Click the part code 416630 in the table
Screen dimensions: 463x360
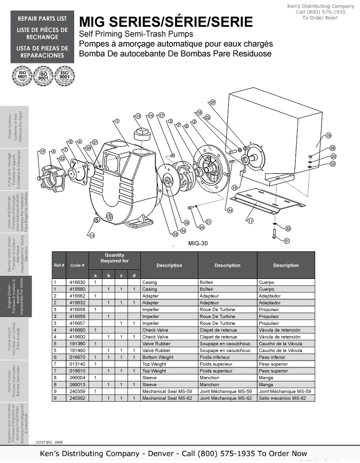[x=77, y=282]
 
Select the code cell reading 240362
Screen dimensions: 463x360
[x=77, y=398]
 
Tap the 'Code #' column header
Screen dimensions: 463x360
[x=77, y=265]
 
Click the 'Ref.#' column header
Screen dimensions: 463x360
[x=59, y=265]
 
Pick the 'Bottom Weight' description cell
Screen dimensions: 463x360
[x=156, y=357]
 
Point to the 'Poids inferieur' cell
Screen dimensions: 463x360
[x=215, y=357]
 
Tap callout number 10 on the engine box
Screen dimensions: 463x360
[x=329, y=135]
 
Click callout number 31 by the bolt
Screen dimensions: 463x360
[x=286, y=241]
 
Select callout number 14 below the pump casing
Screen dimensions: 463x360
[x=92, y=235]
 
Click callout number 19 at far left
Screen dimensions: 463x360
[x=42, y=151]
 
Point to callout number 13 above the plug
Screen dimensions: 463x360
[x=138, y=116]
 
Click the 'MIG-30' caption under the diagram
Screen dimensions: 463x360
[x=198, y=243]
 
